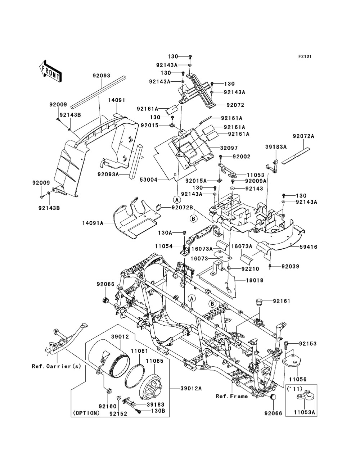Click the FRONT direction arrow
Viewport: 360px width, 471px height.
pos(50,72)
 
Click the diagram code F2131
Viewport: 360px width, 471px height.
pos(305,56)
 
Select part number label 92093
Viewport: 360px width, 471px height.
pos(102,76)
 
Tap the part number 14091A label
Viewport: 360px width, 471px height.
pos(93,223)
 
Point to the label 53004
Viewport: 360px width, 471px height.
pos(148,180)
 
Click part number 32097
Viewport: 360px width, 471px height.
pos(229,148)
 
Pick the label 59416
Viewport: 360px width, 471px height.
pos(308,247)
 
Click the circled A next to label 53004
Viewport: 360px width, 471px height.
pos(177,200)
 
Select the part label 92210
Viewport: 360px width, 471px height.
pos(250,269)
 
